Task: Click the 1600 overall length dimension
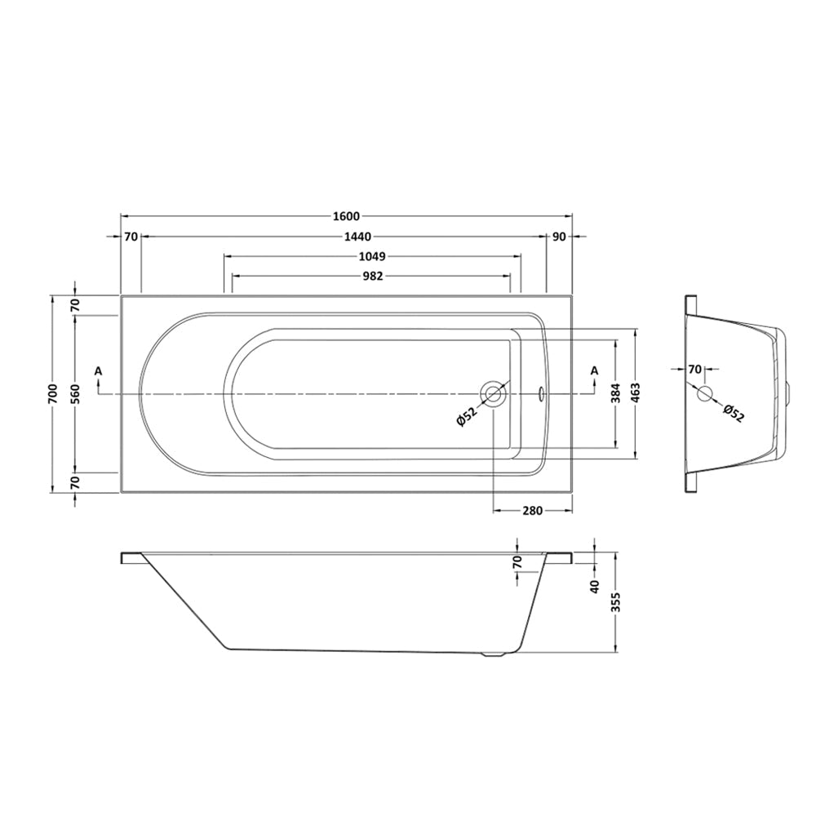tap(346, 216)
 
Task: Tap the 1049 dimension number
tap(371, 256)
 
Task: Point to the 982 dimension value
tap(372, 277)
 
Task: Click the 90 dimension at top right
tap(559, 237)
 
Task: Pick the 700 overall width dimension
tap(55, 393)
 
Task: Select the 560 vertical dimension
tap(75, 393)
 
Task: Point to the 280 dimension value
tap(532, 512)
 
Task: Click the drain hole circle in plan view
tap(494, 394)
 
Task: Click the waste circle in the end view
tap(706, 394)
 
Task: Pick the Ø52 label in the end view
tap(733, 415)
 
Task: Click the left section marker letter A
tap(98, 371)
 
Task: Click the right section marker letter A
tap(594, 371)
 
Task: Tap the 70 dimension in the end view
tap(694, 370)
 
